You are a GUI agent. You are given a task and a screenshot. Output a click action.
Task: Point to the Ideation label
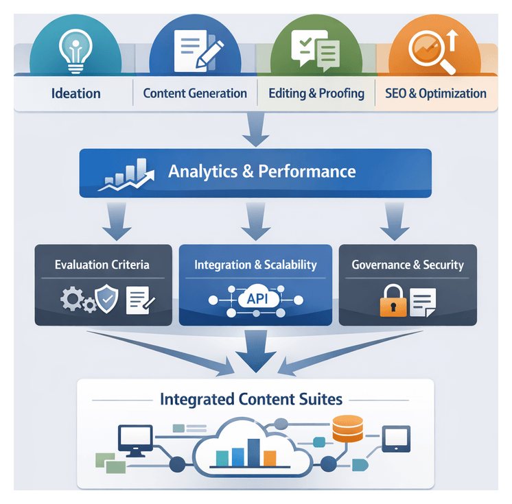point(75,93)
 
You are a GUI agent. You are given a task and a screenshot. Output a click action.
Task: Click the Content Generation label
point(195,93)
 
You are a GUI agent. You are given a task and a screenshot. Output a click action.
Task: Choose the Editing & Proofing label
point(316,93)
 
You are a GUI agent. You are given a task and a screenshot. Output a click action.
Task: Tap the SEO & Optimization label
point(435,93)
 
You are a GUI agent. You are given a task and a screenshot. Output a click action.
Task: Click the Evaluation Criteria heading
point(102,265)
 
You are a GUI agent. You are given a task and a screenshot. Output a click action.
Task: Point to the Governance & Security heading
point(408,265)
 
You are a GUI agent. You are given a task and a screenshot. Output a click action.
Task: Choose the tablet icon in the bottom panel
point(396,437)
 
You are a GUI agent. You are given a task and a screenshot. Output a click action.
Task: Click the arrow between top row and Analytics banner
point(256,131)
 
